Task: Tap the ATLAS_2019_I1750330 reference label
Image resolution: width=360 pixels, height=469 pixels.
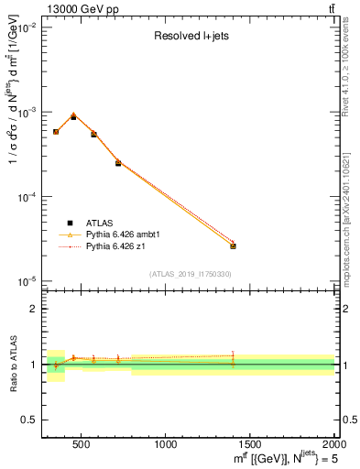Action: pyautogui.click(x=191, y=274)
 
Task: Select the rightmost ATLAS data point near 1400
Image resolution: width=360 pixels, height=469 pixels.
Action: pyautogui.click(x=233, y=245)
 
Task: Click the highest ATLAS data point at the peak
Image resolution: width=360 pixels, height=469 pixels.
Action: pyautogui.click(x=73, y=117)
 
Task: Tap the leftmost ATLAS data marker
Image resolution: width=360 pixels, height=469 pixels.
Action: pyautogui.click(x=56, y=132)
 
